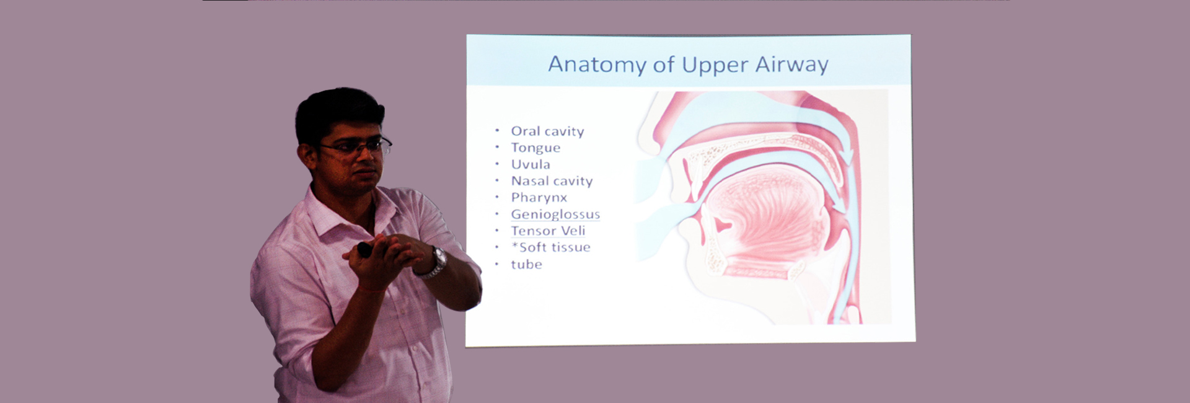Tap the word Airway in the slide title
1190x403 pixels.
791,64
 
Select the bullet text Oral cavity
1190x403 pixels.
547,131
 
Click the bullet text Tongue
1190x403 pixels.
535,148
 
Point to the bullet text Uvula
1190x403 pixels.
531,164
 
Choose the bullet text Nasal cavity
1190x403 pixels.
552,181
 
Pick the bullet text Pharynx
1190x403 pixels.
539,198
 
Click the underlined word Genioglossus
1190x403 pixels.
555,215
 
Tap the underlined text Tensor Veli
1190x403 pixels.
548,231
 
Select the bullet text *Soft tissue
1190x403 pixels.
550,247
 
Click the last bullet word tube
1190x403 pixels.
526,265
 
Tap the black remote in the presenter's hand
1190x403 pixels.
364,249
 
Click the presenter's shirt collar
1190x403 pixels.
335,211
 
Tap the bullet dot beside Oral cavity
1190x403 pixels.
497,131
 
